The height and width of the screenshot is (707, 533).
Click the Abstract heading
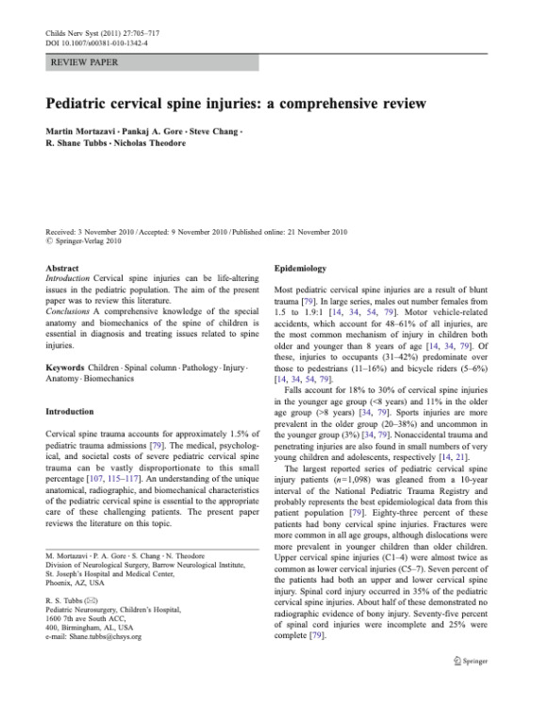62,268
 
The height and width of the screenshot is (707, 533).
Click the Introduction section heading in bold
70,412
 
